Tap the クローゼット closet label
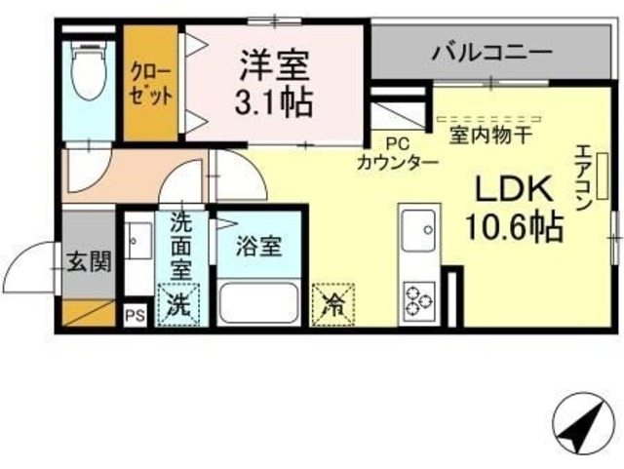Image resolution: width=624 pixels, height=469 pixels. (150, 86)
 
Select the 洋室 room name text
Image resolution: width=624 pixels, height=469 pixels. (275, 64)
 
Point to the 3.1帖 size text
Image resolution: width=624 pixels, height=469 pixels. (275, 101)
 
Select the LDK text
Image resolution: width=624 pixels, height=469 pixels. (514, 188)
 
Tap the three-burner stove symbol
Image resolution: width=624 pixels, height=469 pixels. (420, 299)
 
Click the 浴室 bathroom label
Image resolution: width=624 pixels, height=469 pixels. (257, 245)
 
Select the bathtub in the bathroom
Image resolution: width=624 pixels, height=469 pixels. (258, 300)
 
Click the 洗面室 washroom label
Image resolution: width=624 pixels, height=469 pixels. (181, 248)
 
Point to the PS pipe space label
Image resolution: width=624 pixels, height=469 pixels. (135, 316)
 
